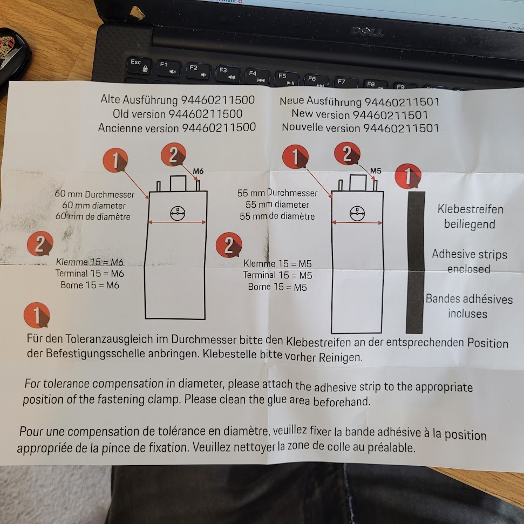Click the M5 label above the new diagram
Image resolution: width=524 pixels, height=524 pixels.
coord(376,171)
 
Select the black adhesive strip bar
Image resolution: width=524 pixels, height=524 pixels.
coord(415,262)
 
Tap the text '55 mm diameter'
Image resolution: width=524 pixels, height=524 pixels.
coord(277,205)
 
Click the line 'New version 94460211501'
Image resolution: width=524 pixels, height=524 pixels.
coord(359,114)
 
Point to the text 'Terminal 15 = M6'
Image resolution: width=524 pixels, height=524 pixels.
coord(90,274)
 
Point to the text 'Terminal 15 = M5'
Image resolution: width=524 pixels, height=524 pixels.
coord(277,275)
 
